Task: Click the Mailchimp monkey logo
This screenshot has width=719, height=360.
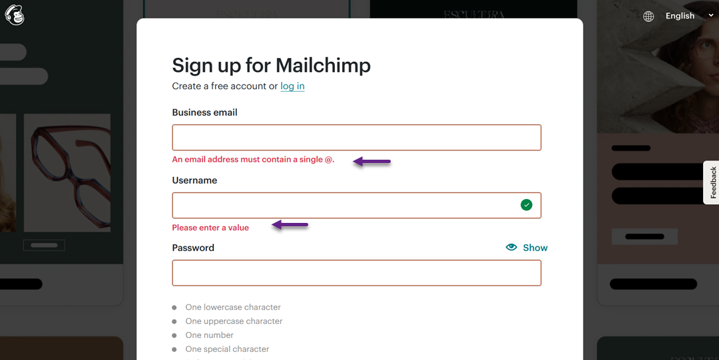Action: (15, 15)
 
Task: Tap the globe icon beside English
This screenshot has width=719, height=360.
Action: (648, 16)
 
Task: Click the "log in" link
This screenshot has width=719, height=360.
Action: (292, 86)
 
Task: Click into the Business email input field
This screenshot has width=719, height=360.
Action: (356, 138)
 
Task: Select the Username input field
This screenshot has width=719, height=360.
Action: (343, 206)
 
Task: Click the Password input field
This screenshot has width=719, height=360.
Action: (356, 273)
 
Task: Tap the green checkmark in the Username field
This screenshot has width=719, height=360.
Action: (527, 205)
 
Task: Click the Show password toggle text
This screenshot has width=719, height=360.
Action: (535, 248)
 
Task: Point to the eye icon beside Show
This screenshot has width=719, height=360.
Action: (511, 247)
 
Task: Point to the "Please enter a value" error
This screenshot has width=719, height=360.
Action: (210, 228)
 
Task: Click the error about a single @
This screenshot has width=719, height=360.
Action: (253, 160)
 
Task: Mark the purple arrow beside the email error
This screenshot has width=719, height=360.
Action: (371, 161)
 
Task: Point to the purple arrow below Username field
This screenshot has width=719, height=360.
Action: (290, 226)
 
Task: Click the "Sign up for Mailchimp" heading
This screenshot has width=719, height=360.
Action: (271, 65)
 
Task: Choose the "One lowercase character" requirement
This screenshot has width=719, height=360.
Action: (233, 307)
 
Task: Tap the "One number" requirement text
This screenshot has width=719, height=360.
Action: (209, 335)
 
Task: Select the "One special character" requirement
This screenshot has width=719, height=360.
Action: (227, 349)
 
